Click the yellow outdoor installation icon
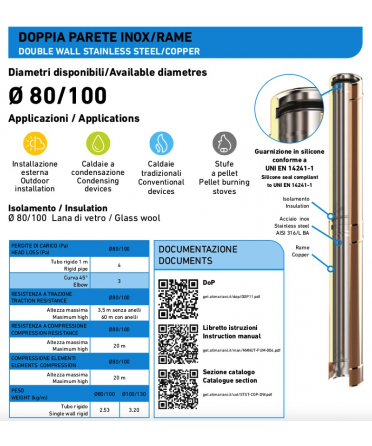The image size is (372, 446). (x=35, y=144)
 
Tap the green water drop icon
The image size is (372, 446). (x=98, y=144)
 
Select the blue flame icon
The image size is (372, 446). (x=161, y=144)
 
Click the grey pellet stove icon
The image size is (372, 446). (x=224, y=144)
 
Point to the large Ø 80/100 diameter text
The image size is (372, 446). (x=58, y=95)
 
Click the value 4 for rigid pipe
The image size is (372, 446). (x=120, y=265)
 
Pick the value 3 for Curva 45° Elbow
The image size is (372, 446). (x=120, y=281)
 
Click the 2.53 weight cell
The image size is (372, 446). (x=105, y=410)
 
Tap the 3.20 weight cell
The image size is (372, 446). (x=134, y=410)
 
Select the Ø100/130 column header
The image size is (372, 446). (x=134, y=394)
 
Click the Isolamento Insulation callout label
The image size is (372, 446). (x=297, y=203)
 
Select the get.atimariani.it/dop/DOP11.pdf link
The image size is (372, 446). (x=231, y=296)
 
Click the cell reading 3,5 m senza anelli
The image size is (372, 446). (x=120, y=309)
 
